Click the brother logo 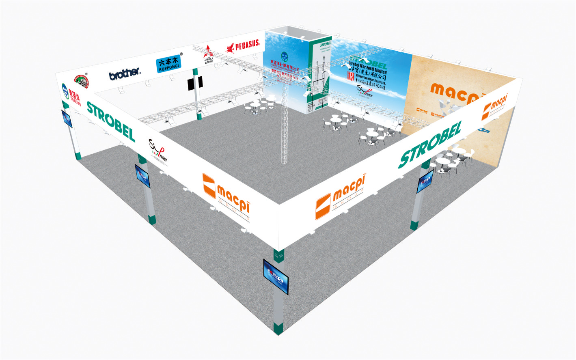pyautogui.click(x=125, y=73)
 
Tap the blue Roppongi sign pyautogui.click(x=168, y=64)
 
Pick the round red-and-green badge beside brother pyautogui.click(x=81, y=81)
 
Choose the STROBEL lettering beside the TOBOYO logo pyautogui.click(x=111, y=121)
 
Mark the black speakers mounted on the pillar pyautogui.click(x=195, y=83)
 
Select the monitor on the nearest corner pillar pyautogui.click(x=276, y=277)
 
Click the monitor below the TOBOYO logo pyautogui.click(x=67, y=118)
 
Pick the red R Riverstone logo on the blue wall pyautogui.click(x=350, y=76)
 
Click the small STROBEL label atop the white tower pyautogui.click(x=325, y=44)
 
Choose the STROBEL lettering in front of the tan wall pyautogui.click(x=430, y=144)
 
